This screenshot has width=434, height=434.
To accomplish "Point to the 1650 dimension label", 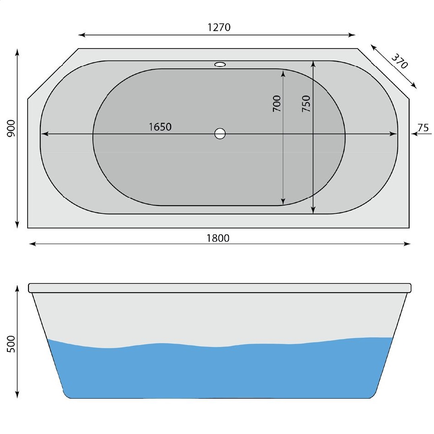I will point(160,127).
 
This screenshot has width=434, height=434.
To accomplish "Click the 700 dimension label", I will point(277,104).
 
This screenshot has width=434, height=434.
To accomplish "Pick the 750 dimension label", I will point(306,103).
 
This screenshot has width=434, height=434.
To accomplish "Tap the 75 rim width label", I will point(423,128).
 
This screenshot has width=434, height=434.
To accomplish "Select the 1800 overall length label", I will point(218,238).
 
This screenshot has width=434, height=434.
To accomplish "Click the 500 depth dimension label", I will point(11,344).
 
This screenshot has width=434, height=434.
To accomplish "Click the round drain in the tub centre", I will point(220,134).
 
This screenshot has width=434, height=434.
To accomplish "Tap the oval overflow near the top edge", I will point(220,65).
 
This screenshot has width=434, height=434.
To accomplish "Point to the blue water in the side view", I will point(220,372).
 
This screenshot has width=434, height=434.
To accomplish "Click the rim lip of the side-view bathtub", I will point(219,288).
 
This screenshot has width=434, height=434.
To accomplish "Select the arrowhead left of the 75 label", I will point(415,134).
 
